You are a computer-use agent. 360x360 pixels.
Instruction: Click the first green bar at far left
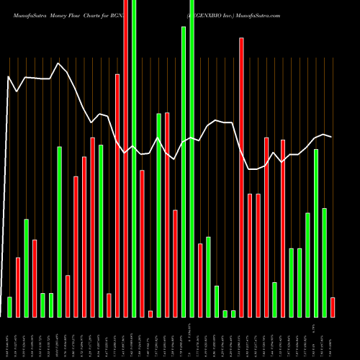[x=9, y=307]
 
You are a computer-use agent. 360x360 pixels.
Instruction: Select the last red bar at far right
[x=333, y=307]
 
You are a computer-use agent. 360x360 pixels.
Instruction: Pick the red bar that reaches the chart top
[x=126, y=158]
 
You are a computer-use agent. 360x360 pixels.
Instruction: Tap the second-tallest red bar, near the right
[x=242, y=177]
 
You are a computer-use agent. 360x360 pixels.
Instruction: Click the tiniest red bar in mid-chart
[x=150, y=314]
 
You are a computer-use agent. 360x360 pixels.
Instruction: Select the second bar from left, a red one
[x=18, y=287]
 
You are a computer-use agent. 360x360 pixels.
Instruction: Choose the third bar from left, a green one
[x=26, y=268]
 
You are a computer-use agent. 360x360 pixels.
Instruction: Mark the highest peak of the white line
[x=59, y=63]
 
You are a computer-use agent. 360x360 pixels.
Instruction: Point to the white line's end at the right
[x=331, y=137]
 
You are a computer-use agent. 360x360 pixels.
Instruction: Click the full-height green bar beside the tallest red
[x=134, y=158]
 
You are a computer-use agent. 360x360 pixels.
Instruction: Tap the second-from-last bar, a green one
[x=324, y=262]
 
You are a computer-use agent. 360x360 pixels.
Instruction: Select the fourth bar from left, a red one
[x=35, y=278]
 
